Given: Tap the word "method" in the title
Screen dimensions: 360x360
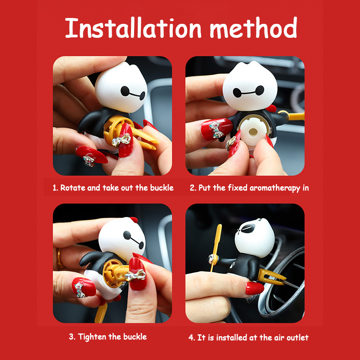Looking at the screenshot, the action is (x=253, y=27).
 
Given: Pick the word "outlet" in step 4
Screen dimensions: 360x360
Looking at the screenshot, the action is (x=297, y=337).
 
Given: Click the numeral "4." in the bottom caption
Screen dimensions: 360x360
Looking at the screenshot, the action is (x=192, y=338).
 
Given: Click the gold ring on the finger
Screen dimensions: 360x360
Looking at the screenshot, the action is (x=59, y=258).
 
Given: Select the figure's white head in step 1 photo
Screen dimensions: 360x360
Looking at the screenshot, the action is (x=121, y=87).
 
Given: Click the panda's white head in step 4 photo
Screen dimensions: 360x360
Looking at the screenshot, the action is (x=255, y=238).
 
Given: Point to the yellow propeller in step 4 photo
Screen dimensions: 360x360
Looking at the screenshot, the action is (x=216, y=247).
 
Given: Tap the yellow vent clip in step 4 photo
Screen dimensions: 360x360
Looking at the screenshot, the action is (x=271, y=277).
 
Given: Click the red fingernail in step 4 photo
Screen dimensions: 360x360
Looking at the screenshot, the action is (x=254, y=288).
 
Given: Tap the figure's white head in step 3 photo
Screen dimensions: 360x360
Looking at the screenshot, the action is (x=122, y=237).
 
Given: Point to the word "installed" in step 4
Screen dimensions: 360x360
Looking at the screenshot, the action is (x=232, y=337).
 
